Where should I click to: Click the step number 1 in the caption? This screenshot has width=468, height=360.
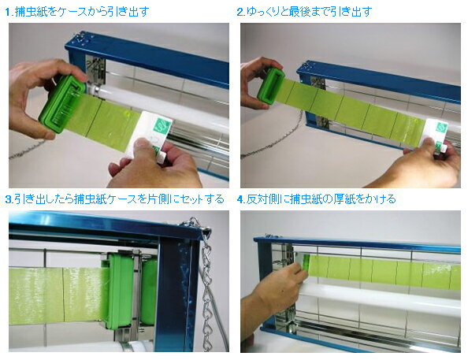point(8,12)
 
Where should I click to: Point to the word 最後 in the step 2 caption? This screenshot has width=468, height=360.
point(300,12)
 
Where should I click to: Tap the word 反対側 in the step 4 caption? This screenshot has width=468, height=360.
point(262,199)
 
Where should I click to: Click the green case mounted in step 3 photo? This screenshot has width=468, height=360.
point(120,290)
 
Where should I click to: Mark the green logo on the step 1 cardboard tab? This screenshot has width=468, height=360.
point(162,127)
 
